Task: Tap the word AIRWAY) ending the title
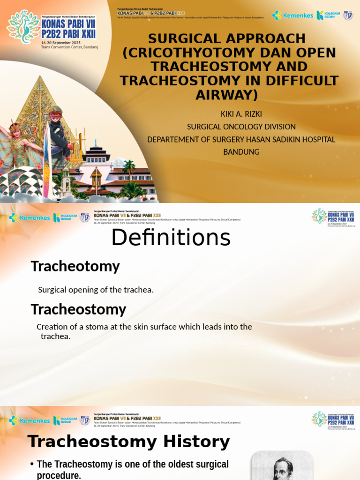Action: tap(226, 95)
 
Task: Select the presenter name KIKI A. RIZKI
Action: tap(241, 114)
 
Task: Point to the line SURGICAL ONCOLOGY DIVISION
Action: tap(241, 127)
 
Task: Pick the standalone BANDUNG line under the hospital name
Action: tap(241, 152)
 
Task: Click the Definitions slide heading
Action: tap(171, 238)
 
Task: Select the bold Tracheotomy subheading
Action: tap(75, 266)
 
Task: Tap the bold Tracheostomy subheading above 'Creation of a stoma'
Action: tap(78, 309)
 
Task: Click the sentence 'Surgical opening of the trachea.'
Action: tap(96, 290)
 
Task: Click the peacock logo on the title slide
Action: tap(23, 27)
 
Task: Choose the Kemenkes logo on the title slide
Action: tap(292, 15)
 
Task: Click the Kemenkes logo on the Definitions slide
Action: tap(29, 217)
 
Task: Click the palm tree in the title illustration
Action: tap(128, 167)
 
